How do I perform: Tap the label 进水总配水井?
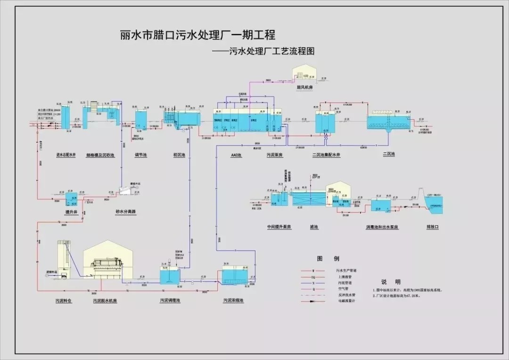66,155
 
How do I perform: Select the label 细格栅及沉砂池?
100,155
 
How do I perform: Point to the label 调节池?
141,155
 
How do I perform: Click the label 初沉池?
179,155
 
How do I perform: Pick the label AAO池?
236,155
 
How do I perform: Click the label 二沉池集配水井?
326,155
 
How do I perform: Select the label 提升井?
71,212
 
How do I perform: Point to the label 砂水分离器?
126,212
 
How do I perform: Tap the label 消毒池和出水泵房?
382,227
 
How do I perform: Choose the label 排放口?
433,227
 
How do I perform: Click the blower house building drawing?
306,73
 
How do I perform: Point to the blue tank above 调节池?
141,120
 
